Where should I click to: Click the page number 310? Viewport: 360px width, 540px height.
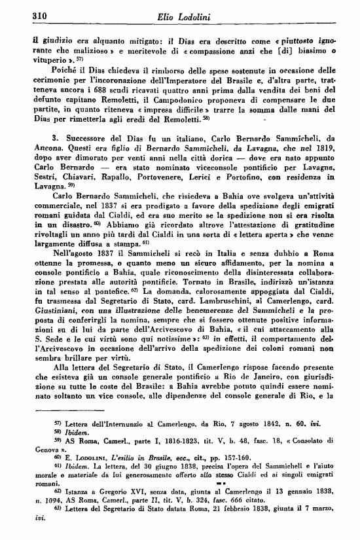pyautogui.click(x=24, y=16)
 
